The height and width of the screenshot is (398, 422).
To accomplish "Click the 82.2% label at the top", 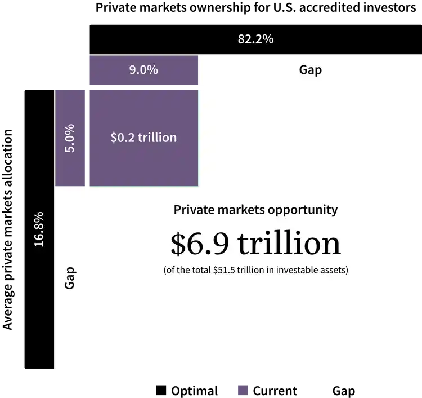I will pos(255,39).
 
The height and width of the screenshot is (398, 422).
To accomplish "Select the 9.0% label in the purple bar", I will pos(143,70).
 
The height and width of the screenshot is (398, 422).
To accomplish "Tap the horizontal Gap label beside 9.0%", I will pos(310,70).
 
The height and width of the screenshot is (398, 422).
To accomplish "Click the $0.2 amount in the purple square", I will pos(122,137).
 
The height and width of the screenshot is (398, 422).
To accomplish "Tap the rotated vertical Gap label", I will pos(70,278).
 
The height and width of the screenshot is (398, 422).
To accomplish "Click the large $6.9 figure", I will pos(201,243).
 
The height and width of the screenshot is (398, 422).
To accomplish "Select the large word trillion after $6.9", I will pos(289,243).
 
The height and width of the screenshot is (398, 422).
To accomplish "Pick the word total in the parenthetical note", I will pos(201,270).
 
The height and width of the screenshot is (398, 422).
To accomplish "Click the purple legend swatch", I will pos(243,390).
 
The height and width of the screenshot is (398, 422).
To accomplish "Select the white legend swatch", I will pos(321,390).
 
